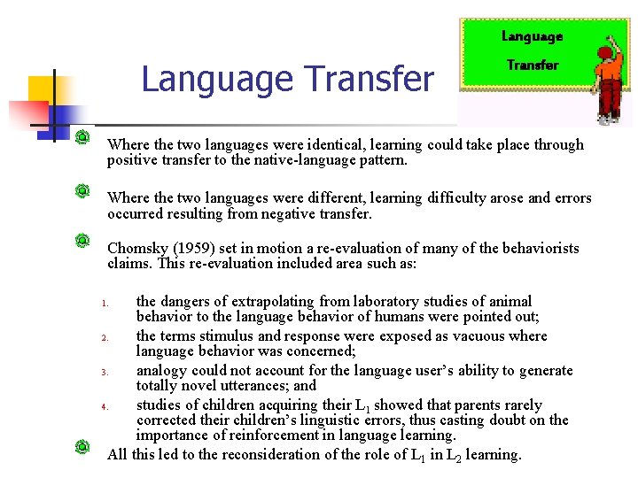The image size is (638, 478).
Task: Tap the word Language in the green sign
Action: point(532,36)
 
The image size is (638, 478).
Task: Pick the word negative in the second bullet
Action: point(299,213)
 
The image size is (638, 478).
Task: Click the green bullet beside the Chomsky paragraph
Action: point(82,240)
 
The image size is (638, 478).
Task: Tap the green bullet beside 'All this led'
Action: point(82,446)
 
